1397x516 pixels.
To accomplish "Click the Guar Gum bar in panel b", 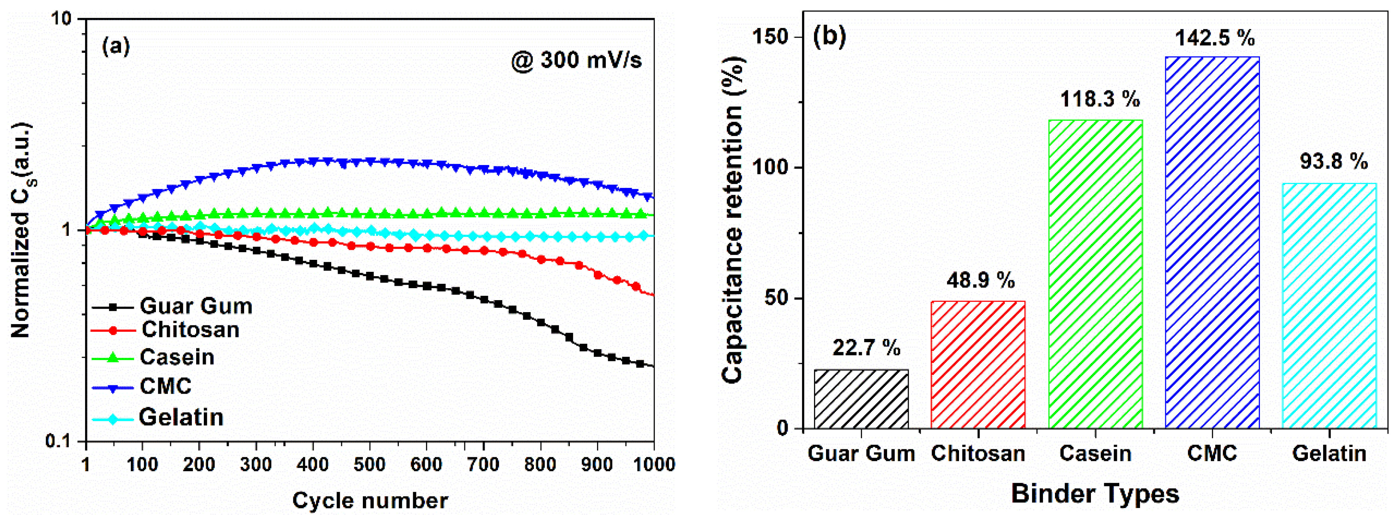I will pyautogui.click(x=861, y=399).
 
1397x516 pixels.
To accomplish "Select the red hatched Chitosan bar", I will pyautogui.click(x=978, y=365).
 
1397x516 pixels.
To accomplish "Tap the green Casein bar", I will pyautogui.click(x=1095, y=274).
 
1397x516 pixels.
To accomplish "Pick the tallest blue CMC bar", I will pyautogui.click(x=1212, y=243).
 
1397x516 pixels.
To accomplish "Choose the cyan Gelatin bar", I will pyautogui.click(x=1329, y=306).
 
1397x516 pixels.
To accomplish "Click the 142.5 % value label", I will pyautogui.click(x=1214, y=38).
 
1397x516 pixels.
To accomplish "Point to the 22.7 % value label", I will pyautogui.click(x=866, y=347).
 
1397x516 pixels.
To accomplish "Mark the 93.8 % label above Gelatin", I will pyautogui.click(x=1333, y=161).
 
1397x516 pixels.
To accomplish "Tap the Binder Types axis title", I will pyautogui.click(x=1095, y=494).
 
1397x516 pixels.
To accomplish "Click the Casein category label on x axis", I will pyautogui.click(x=1095, y=454).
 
